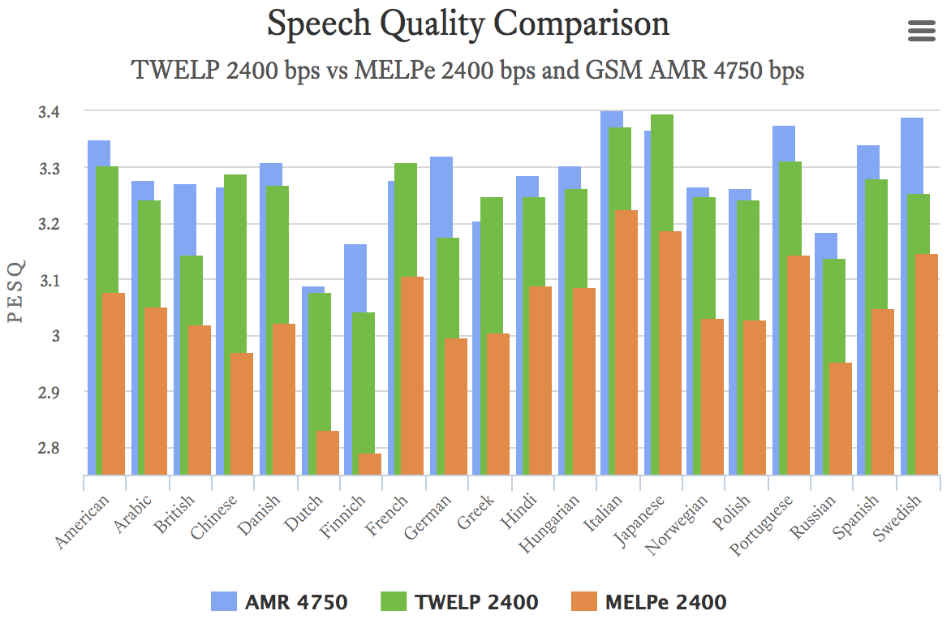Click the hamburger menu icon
coord(921,32)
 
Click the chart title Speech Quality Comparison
coord(468,24)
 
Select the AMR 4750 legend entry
coord(279,601)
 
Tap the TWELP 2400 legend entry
coord(459,601)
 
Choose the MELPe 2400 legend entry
coord(645,601)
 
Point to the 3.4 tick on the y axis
coord(50,112)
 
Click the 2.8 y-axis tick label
coord(50,448)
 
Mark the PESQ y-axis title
coord(15,291)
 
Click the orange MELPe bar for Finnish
coord(370,464)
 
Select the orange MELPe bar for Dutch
coord(328,453)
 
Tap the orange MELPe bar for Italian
coord(626,341)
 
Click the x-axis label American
coord(83,523)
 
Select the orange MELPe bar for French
coord(413,375)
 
